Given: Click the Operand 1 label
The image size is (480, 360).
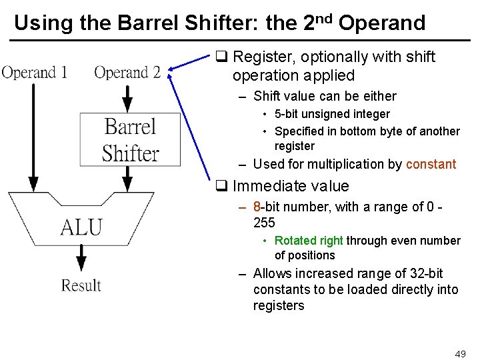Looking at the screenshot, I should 35,72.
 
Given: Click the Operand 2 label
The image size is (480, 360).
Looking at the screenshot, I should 127,72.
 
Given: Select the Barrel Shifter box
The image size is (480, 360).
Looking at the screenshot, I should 131,139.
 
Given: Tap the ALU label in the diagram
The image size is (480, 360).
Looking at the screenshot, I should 81,227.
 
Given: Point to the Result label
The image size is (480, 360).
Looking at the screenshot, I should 81,285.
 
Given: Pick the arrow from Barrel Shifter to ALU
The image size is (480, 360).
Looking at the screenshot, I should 127,179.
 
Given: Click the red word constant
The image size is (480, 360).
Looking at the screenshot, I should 431,164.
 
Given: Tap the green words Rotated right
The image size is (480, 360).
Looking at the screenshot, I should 309,241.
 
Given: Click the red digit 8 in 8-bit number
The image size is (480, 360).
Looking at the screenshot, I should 257,207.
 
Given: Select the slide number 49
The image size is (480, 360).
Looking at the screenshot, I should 460,354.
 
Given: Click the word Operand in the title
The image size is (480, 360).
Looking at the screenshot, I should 382,23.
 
